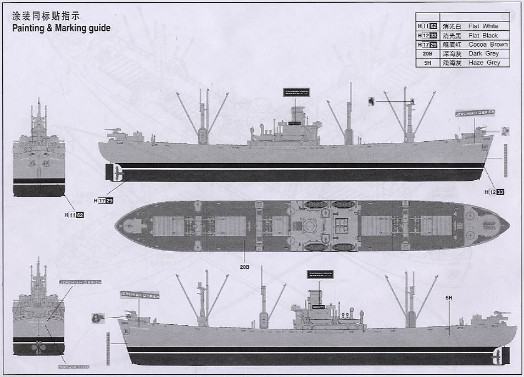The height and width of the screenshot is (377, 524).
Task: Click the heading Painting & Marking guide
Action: pyautogui.click(x=62, y=28)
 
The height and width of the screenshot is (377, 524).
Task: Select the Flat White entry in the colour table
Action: pyautogui.click(x=483, y=26)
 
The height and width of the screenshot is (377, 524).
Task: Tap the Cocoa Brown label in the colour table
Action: pyautogui.click(x=488, y=45)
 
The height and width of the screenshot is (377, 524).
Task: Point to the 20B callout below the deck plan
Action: pyautogui.click(x=244, y=267)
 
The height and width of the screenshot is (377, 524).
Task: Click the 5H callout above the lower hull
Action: pyautogui.click(x=449, y=298)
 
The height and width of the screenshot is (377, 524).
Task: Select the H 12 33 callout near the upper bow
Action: pyautogui.click(x=494, y=192)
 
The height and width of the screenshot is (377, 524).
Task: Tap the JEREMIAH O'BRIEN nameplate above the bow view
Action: pyautogui.click(x=80, y=282)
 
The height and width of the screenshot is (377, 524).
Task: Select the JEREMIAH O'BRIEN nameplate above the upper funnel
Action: pyautogui.click(x=297, y=92)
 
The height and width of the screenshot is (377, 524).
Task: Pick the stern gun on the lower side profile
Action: pyautogui.click(x=130, y=314)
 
